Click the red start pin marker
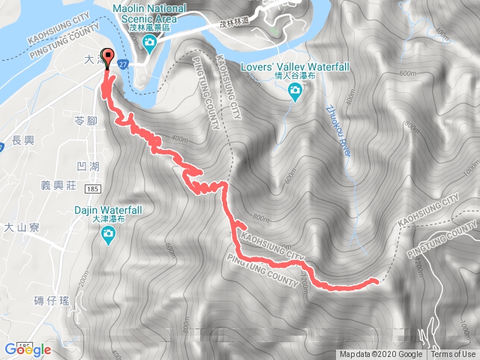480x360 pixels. pyautogui.click(x=107, y=57)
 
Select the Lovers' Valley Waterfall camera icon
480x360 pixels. pyautogui.click(x=295, y=91)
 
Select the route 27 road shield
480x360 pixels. pyautogui.click(x=122, y=66)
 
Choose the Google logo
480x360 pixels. pyautogui.click(x=27, y=349)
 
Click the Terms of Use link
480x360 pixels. pyautogui.click(x=453, y=355)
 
